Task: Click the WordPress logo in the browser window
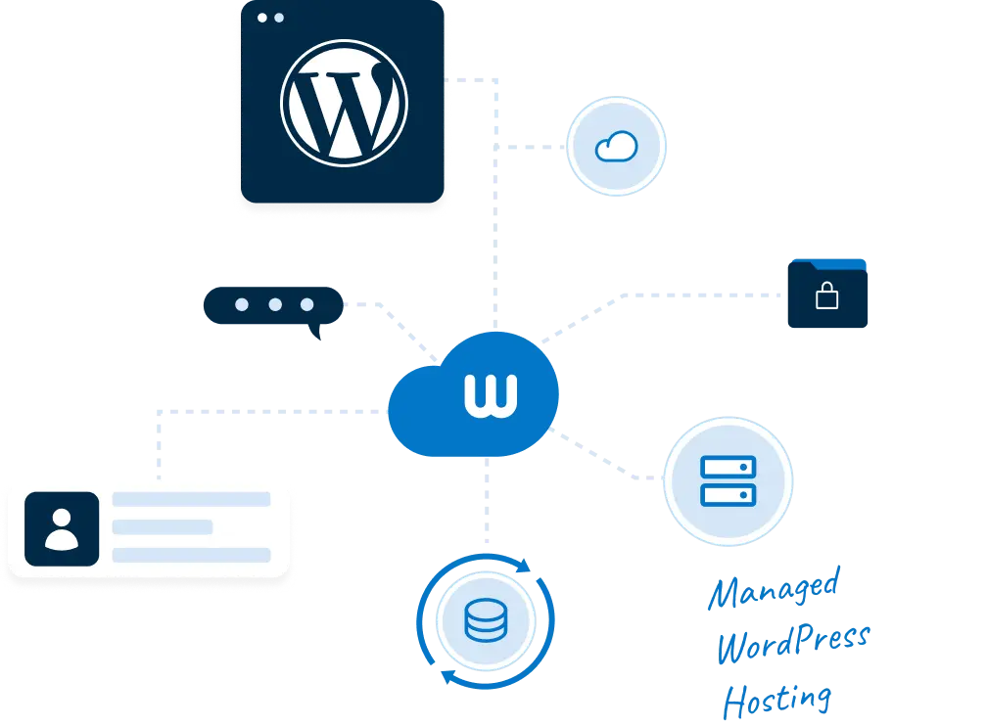tap(343, 103)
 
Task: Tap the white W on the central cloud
tap(491, 391)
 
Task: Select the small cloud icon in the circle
tap(616, 147)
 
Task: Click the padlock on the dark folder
tap(827, 295)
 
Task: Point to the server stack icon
tap(728, 480)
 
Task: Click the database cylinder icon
tap(485, 621)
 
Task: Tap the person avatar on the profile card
tap(62, 528)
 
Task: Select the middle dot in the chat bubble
tap(275, 304)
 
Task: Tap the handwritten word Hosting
tap(778, 699)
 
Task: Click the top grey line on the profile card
tap(191, 499)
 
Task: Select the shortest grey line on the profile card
tap(163, 527)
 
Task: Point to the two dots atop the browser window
tap(269, 18)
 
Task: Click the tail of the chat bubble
tap(314, 336)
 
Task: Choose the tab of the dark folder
tap(843, 263)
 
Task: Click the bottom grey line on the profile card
tap(191, 555)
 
